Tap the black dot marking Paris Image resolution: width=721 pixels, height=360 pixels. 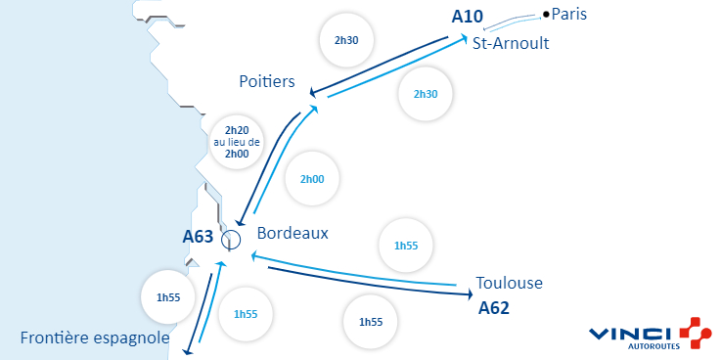click(546, 14)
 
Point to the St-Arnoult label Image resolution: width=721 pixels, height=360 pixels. click(510, 44)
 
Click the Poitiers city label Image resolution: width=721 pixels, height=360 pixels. click(267, 81)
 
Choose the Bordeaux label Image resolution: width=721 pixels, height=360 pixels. click(293, 234)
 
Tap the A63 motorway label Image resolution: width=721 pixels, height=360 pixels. click(198, 237)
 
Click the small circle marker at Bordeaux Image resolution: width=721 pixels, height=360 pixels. click(231, 239)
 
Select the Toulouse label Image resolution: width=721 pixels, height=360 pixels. click(509, 284)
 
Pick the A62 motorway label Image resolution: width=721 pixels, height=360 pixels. click(494, 307)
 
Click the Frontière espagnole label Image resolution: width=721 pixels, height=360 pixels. click(95, 338)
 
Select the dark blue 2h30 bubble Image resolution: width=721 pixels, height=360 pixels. click(347, 40)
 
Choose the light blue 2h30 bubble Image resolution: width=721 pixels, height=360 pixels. click(426, 94)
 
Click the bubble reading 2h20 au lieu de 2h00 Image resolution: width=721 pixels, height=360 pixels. click(237, 141)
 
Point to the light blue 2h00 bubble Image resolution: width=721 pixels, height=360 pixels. click(312, 180)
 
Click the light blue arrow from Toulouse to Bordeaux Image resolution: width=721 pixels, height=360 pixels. click(352, 271)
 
